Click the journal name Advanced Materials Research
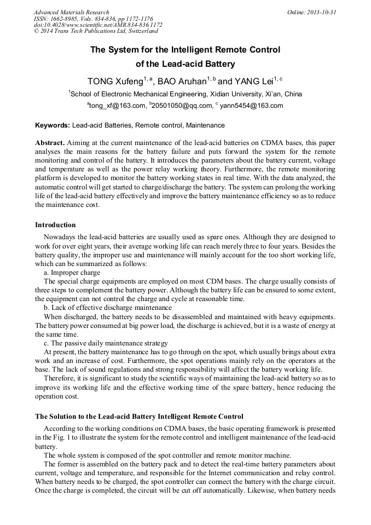(71, 12)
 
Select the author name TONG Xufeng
(115, 82)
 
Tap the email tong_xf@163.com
(117, 106)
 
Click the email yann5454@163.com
(251, 106)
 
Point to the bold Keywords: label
(53, 125)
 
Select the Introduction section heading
(55, 225)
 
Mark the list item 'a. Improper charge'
(72, 272)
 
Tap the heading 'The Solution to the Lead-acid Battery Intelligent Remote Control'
(139, 417)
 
